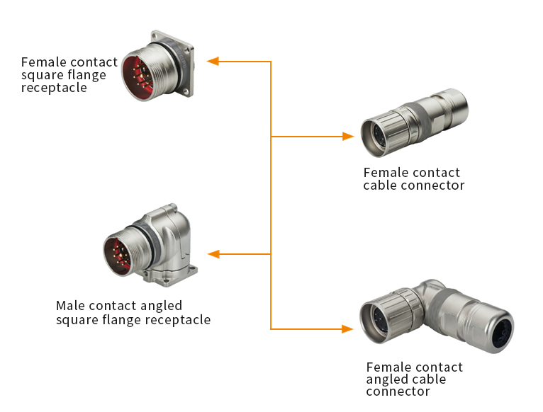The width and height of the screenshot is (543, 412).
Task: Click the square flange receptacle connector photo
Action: (x=157, y=65)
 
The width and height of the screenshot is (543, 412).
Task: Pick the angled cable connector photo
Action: (x=435, y=319)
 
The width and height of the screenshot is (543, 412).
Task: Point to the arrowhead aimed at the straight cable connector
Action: (x=347, y=136)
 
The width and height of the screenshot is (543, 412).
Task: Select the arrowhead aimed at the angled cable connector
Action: (x=347, y=328)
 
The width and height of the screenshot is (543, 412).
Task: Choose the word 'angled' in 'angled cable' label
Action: (x=387, y=379)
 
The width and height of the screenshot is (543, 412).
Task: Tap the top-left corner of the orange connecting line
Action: (x=271, y=62)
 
